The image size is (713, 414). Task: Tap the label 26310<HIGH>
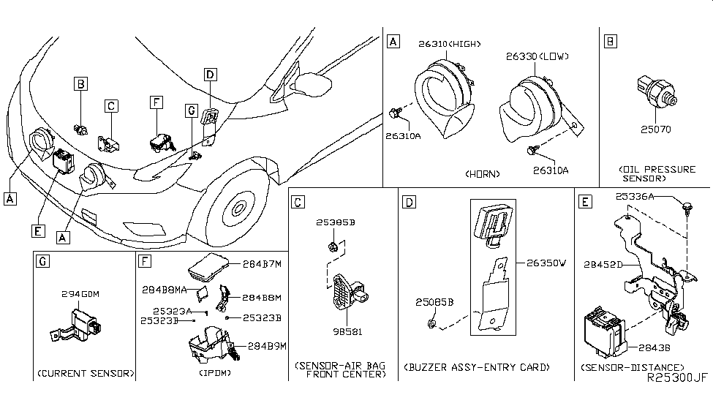[449, 44]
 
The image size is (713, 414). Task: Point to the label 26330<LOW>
[537, 56]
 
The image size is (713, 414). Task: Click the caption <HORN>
[482, 174]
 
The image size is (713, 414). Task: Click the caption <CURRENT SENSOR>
[85, 373]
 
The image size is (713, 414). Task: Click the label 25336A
[634, 196]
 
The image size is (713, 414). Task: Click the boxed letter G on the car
[191, 110]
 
